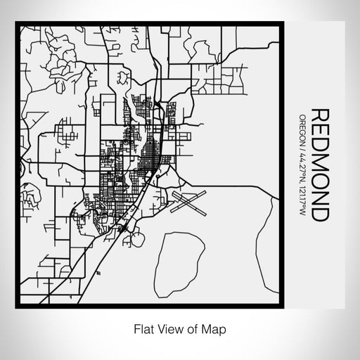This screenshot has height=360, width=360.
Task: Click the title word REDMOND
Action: tap(319, 165)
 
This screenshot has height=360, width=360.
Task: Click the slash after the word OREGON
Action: tap(302, 150)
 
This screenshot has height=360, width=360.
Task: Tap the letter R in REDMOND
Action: tap(319, 115)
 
